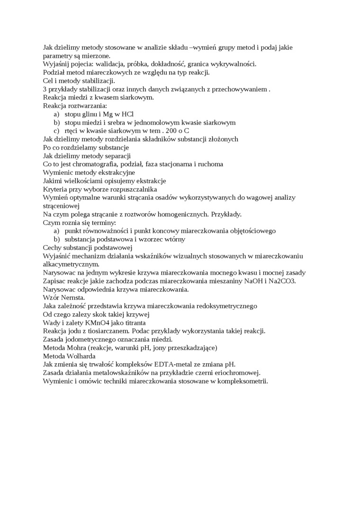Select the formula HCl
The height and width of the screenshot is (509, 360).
(x=127, y=114)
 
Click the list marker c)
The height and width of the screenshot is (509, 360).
(x=56, y=131)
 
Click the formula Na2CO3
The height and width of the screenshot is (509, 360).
(x=283, y=281)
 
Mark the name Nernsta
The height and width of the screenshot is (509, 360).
(x=72, y=297)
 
